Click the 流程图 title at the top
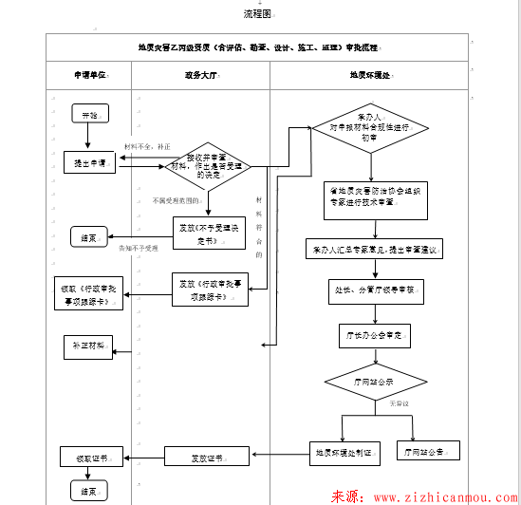point(257,14)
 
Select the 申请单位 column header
point(90,75)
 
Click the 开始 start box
point(89,115)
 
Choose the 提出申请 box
point(89,163)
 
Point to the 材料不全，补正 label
point(147,147)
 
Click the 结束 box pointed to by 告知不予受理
point(89,238)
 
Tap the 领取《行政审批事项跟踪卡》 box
point(91,294)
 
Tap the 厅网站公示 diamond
point(373,382)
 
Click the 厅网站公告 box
point(426,451)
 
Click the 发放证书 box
point(205,458)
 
